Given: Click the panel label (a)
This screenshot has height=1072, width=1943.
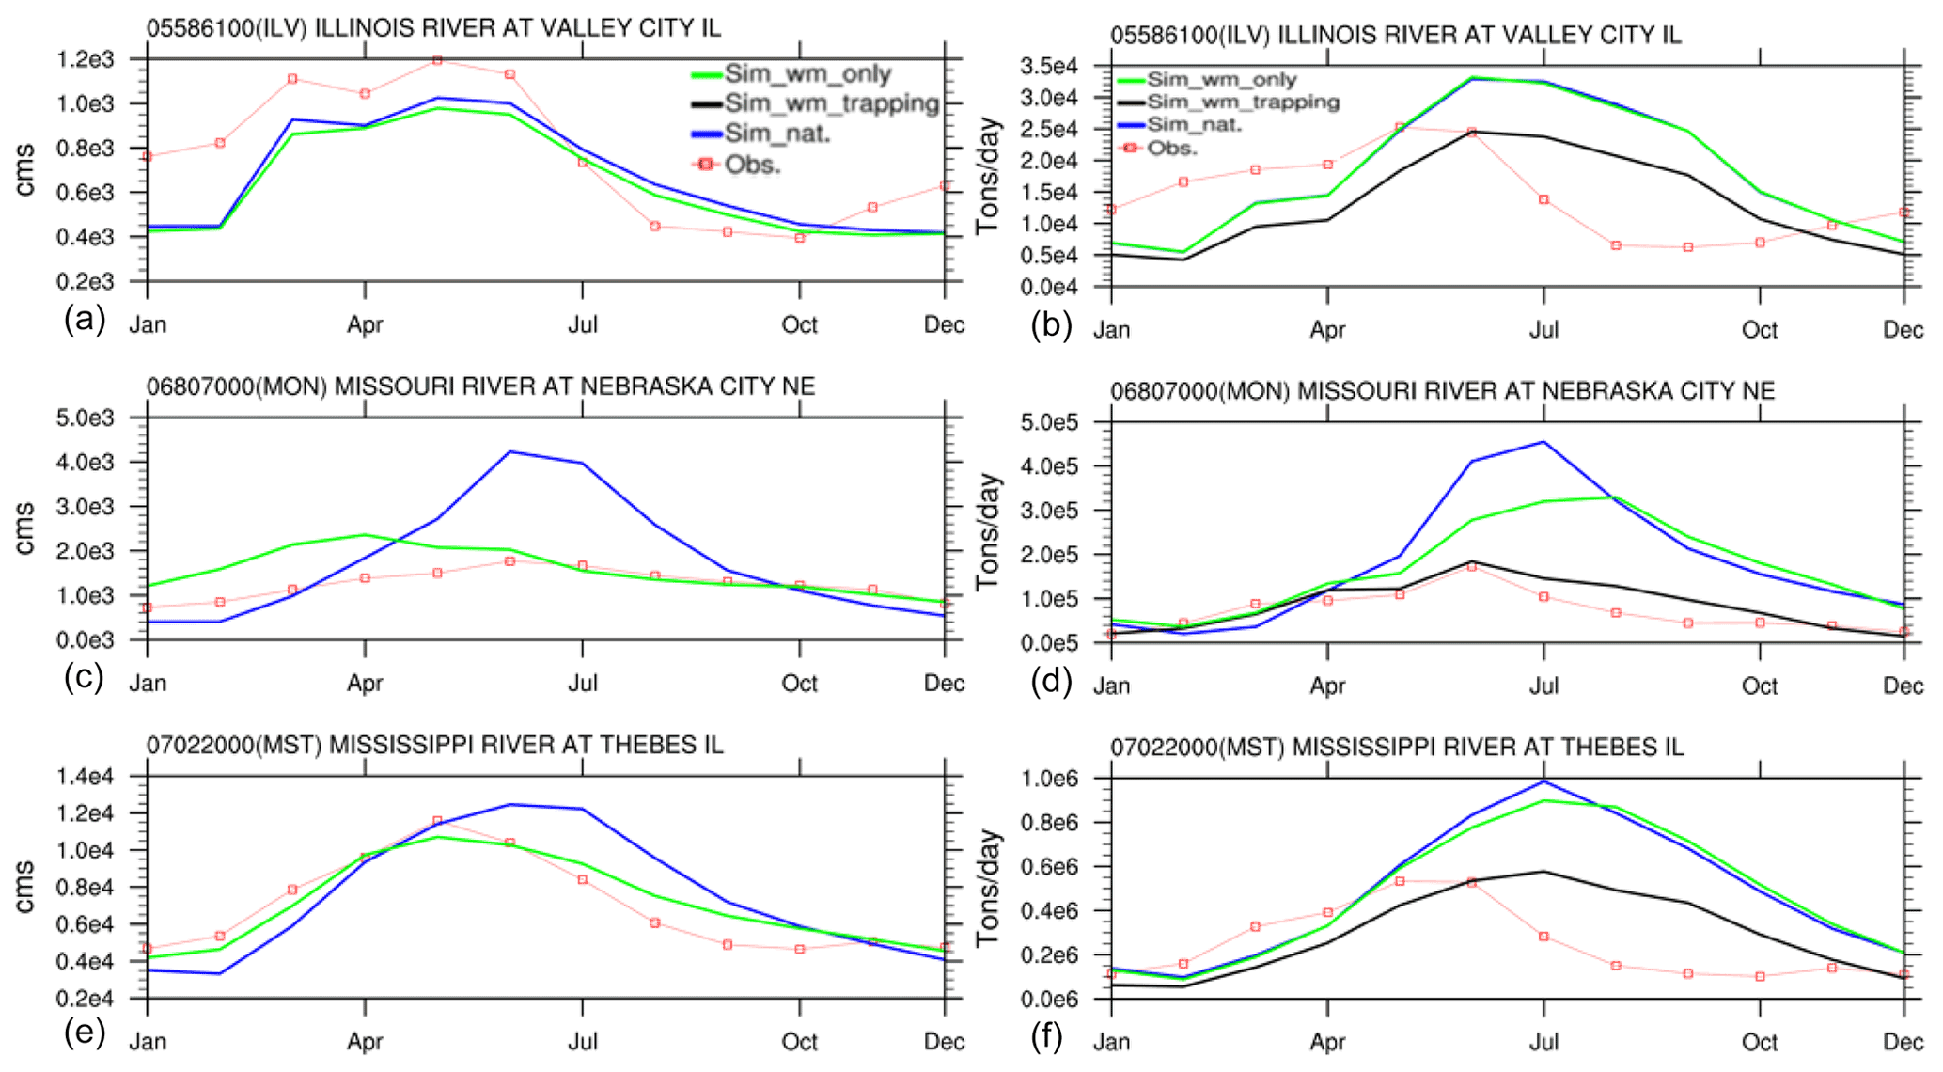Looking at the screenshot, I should click(x=85, y=321).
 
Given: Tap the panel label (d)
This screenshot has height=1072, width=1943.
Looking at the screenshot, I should click(x=1051, y=681).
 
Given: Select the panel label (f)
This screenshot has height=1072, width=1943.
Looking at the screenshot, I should click(x=1047, y=1037).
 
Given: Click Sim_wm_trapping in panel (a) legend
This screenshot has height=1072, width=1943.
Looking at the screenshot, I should click(x=831, y=103).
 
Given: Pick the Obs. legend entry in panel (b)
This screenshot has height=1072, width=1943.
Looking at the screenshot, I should click(x=1171, y=149).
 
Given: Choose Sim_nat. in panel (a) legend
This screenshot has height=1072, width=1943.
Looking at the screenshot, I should click(x=777, y=134).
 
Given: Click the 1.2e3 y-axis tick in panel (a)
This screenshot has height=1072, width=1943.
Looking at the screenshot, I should click(x=85, y=60).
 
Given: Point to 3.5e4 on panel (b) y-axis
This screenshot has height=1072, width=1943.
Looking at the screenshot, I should click(x=1049, y=67).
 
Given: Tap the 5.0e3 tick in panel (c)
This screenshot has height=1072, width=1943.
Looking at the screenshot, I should click(x=85, y=418).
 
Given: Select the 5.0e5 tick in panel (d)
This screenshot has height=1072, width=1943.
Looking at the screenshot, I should click(x=1049, y=423).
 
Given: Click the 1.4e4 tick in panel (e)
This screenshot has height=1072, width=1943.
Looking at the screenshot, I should click(x=85, y=777).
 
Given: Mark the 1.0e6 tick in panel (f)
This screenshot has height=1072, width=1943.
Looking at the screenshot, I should click(x=1049, y=780).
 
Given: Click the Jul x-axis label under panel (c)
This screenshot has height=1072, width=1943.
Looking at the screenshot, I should click(x=583, y=684).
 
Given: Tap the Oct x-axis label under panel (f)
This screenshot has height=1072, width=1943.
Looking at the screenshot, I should click(x=1760, y=1042).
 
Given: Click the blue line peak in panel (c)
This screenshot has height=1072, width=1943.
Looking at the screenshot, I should click(x=510, y=452).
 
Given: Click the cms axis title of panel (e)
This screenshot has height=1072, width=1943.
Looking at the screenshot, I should click(x=24, y=887).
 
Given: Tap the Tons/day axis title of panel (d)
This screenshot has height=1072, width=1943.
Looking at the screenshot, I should click(x=988, y=532).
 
